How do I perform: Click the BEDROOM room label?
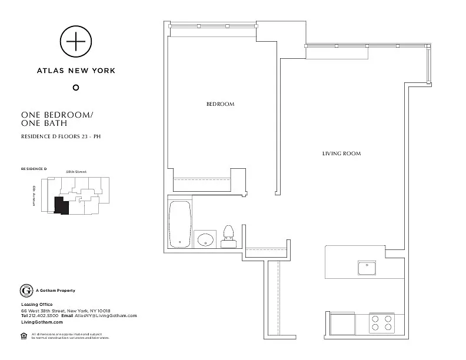(220, 104)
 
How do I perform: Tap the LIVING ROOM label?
(341, 154)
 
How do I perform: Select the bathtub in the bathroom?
(180, 225)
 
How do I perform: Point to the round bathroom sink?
(205, 239)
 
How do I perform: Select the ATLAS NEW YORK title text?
(76, 70)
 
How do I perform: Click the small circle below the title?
(75, 88)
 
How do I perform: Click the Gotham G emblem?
(26, 291)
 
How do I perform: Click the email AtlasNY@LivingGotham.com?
(106, 316)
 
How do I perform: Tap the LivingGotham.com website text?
(42, 322)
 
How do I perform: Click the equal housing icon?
(24, 336)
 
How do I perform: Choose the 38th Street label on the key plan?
(76, 171)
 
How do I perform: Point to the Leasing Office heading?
(37, 304)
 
